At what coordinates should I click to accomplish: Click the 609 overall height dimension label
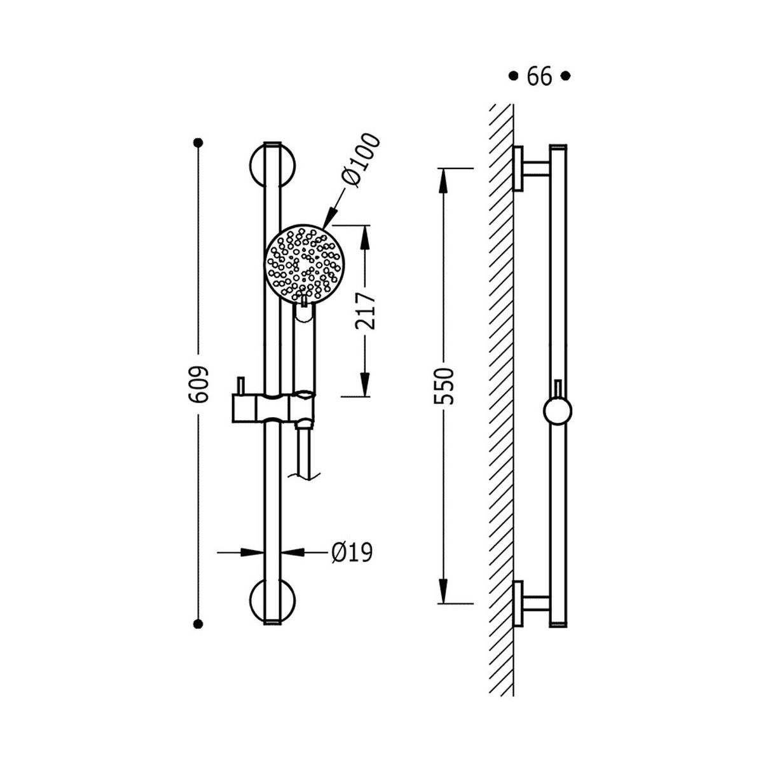coord(198,385)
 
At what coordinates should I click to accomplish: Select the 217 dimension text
coord(365,311)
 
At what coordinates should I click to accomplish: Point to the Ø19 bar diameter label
coord(352,553)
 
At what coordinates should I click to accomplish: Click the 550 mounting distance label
coord(443,386)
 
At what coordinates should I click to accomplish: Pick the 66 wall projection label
coord(539,76)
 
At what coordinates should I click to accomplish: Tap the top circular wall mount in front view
coord(272,164)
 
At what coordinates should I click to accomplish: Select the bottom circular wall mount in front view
coord(272,602)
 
